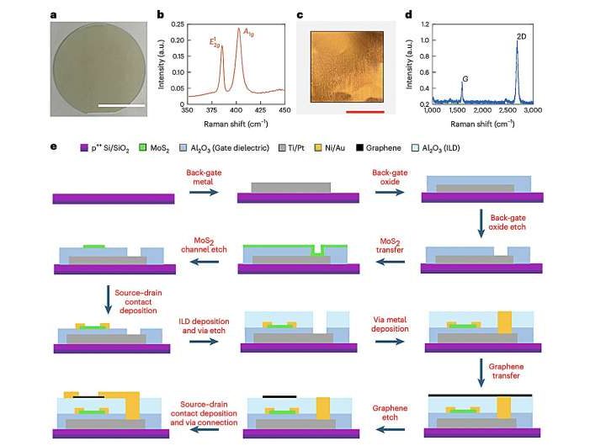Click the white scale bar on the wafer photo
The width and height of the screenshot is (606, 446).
(x=126, y=105)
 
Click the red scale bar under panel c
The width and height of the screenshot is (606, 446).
(x=365, y=109)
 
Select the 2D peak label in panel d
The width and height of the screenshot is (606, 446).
(x=520, y=37)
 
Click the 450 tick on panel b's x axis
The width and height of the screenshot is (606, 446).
(x=284, y=110)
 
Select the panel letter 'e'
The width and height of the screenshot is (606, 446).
(x=54, y=146)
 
